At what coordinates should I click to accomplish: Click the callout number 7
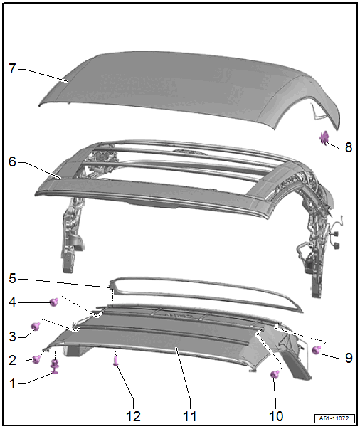(12, 68)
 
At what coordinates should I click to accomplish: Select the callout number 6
(12, 161)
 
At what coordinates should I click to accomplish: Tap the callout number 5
(12, 278)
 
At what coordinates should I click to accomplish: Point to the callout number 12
(133, 416)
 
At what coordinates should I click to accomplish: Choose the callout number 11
(190, 416)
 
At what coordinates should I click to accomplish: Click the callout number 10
(276, 416)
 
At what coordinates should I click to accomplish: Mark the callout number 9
(349, 358)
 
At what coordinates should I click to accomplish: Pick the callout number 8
(349, 147)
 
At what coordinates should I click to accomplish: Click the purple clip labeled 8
(324, 137)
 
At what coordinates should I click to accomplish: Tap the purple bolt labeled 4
(54, 302)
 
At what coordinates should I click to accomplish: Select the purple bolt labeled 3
(36, 326)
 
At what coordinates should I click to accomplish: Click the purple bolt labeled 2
(36, 359)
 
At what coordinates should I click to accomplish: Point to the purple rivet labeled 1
(55, 367)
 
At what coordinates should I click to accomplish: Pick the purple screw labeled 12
(116, 359)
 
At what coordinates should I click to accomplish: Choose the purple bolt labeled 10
(275, 374)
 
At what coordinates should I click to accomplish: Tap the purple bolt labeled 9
(317, 349)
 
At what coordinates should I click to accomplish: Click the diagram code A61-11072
(335, 418)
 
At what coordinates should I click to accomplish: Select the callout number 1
(12, 383)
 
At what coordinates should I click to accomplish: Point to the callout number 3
(12, 337)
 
